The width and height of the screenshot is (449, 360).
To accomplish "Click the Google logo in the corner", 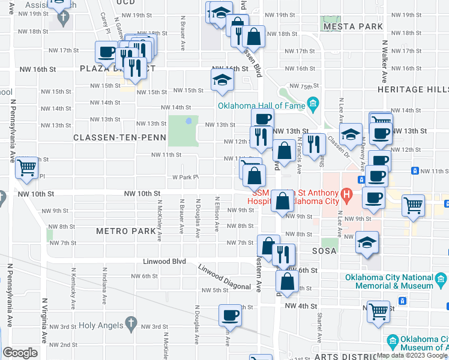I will pos(20,353).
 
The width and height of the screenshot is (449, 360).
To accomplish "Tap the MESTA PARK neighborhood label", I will pos(352,27).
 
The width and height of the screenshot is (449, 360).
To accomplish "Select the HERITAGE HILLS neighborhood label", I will pos(413,89).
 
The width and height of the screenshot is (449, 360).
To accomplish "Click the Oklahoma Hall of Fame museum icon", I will pos(312,105).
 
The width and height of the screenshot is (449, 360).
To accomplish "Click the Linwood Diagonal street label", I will pos(225,278).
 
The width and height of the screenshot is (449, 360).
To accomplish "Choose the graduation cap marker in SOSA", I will pos(367,242).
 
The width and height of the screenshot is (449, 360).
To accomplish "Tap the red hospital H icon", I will pos(345,194).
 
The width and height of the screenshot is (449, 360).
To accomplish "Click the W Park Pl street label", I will pos(185,178).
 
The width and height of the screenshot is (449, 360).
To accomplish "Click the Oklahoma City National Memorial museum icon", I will pos(441,280).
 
